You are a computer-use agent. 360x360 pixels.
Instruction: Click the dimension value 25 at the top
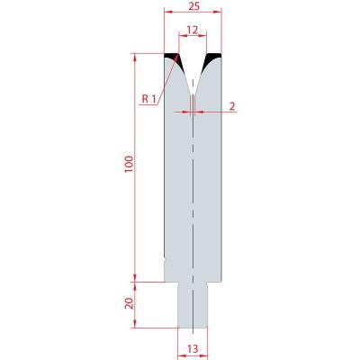click(193, 6)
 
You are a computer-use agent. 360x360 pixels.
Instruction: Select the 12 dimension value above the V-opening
click(193, 30)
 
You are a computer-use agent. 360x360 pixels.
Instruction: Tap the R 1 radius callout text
click(149, 99)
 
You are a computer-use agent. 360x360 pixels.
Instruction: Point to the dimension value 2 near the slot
click(232, 106)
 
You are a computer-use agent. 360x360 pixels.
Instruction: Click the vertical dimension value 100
click(129, 165)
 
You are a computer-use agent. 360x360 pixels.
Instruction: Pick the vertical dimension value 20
click(129, 303)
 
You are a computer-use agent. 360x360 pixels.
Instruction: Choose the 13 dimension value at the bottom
click(193, 349)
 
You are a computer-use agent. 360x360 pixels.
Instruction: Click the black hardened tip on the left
click(174, 58)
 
